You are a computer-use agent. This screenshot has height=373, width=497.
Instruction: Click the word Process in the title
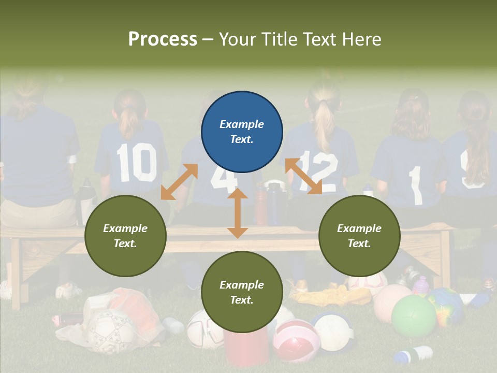coord(163,39)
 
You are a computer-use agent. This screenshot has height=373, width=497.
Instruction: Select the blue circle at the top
coord(242,132)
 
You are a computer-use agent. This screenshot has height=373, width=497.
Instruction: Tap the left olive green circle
coord(125,236)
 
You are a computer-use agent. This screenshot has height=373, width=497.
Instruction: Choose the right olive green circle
coord(359,236)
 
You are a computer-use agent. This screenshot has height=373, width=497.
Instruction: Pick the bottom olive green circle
coord(242,292)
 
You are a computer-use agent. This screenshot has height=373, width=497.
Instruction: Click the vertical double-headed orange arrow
coord(238,213)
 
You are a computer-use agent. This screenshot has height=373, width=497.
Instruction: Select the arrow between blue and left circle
coord(179,182)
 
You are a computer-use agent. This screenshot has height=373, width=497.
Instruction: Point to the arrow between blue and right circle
coord(303,176)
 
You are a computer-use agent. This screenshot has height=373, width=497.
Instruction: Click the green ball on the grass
coord(414,316)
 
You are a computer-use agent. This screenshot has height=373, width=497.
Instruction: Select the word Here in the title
coord(362,39)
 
